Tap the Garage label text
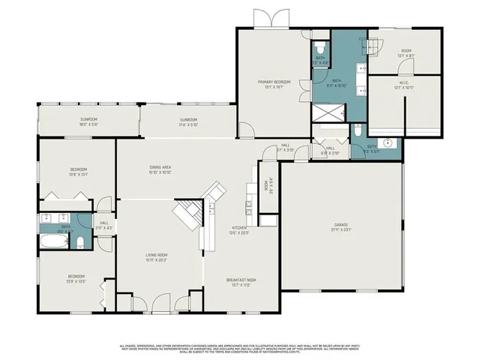(x=341, y=226)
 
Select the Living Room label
(x=156, y=256)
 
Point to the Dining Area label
(x=161, y=169)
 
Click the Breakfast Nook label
(x=241, y=282)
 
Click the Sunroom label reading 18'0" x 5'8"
(x=89, y=121)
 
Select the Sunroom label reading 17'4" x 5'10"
(x=187, y=121)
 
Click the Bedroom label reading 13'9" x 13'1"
(x=78, y=172)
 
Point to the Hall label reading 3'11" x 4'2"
(x=103, y=224)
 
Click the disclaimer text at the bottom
(x=240, y=347)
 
